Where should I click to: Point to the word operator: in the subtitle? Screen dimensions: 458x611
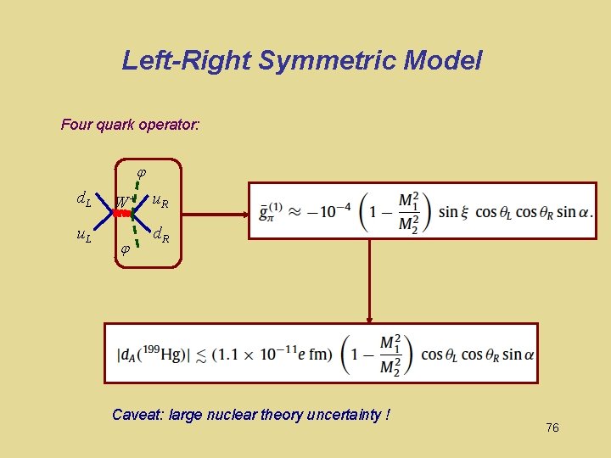click(x=172, y=125)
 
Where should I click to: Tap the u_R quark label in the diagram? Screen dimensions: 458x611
click(x=160, y=201)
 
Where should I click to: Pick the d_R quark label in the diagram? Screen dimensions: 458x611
click(x=161, y=235)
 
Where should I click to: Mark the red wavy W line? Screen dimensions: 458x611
click(x=125, y=215)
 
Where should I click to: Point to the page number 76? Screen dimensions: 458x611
click(x=552, y=428)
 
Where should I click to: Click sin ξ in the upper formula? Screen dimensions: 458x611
click(x=454, y=211)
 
